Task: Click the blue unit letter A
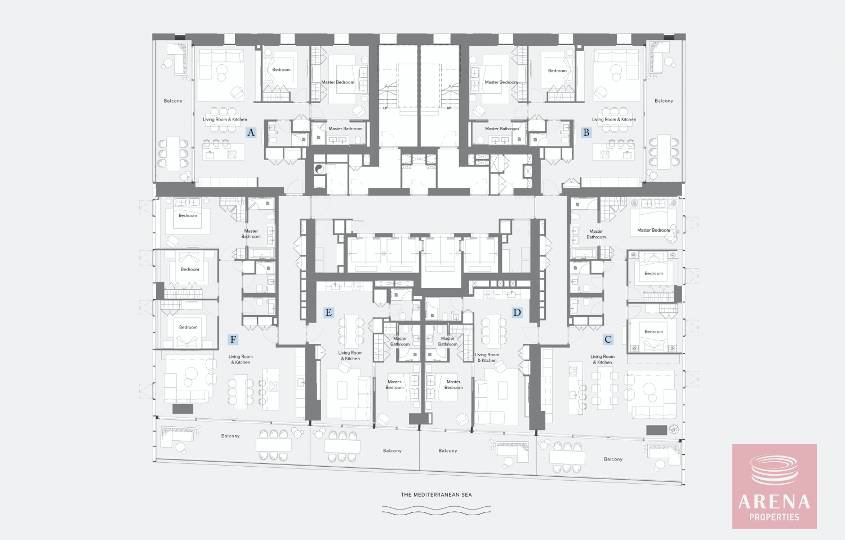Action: click(251, 132)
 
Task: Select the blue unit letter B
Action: click(586, 132)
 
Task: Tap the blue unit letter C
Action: click(608, 339)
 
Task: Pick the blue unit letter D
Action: click(517, 312)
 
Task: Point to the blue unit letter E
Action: click(328, 312)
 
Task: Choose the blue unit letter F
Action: click(233, 339)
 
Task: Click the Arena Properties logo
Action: click(775, 486)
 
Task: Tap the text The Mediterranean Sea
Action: click(436, 495)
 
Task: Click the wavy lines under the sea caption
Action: click(436, 510)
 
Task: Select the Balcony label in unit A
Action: click(173, 101)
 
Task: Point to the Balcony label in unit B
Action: click(664, 101)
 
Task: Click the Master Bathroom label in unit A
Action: click(345, 129)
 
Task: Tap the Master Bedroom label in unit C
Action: click(653, 230)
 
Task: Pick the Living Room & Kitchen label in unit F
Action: click(241, 359)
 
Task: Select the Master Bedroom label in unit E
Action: click(394, 384)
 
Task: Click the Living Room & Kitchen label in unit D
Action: click(487, 357)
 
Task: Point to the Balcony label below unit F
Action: click(230, 436)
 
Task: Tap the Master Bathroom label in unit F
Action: click(251, 233)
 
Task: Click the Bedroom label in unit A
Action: click(282, 69)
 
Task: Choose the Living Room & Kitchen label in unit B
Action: click(614, 119)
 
